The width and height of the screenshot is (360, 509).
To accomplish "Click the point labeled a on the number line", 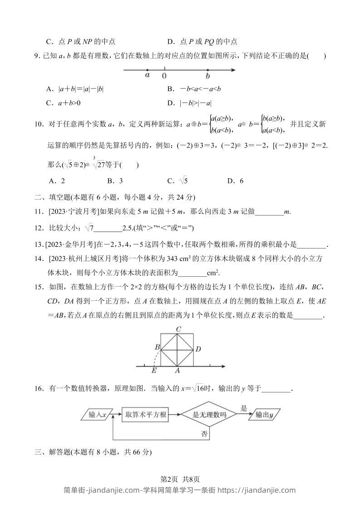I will (148, 70).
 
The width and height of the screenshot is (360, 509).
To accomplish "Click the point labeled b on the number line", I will (207, 70).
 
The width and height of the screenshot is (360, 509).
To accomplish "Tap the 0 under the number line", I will (164, 76).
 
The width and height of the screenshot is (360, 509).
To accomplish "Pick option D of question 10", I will (235, 181).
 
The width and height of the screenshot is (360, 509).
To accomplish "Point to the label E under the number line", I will (154, 371).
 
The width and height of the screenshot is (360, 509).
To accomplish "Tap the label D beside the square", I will (198, 349).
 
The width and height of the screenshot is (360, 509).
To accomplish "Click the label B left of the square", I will (157, 347).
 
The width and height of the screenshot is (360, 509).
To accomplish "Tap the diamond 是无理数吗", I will (209, 415).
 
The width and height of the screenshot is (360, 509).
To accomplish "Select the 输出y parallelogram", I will (264, 415).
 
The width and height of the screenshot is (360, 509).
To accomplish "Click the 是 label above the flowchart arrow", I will (244, 408).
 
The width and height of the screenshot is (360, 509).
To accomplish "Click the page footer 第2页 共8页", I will (180, 479).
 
